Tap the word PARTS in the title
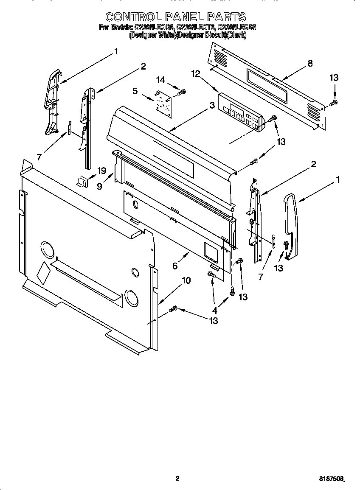[227, 17]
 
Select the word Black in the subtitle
[236, 36]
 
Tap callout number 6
[174, 266]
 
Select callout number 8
[310, 63]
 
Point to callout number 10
[186, 280]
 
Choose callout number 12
[195, 73]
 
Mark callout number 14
[160, 80]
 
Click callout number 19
[101, 171]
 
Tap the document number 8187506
[332, 479]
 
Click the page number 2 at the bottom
[177, 479]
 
